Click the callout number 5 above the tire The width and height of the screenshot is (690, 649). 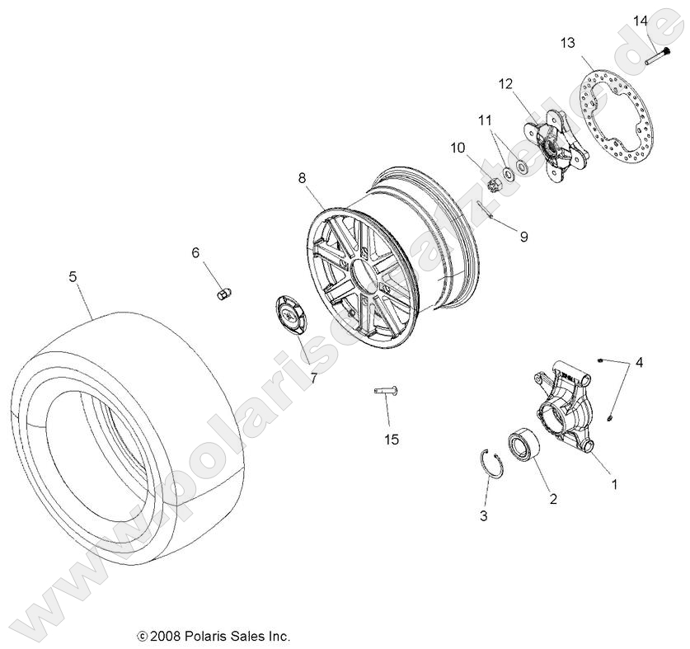pyautogui.click(x=73, y=277)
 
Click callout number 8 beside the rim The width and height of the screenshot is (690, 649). pyautogui.click(x=302, y=177)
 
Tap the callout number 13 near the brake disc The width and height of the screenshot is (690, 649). pyautogui.click(x=568, y=43)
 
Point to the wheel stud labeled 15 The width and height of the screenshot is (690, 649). pyautogui.click(x=385, y=391)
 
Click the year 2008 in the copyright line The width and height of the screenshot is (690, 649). pyautogui.click(x=167, y=636)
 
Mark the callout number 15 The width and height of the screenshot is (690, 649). pyautogui.click(x=391, y=440)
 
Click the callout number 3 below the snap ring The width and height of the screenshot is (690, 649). pyautogui.click(x=483, y=516)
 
